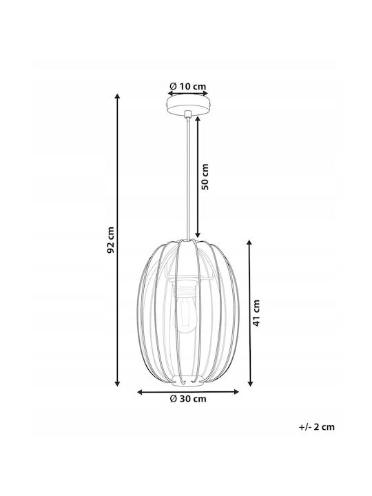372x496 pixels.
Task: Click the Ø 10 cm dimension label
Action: point(188,86)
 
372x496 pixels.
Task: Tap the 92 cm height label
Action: point(110,240)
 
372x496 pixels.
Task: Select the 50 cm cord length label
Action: point(205,176)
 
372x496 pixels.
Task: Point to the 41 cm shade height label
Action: point(256,313)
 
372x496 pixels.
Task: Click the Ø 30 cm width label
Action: point(188,399)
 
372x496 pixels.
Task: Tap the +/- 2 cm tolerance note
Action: point(317,427)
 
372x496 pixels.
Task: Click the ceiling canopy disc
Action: point(188,105)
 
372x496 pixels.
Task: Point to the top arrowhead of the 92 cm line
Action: point(117,96)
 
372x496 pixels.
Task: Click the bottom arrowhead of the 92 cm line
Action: point(117,384)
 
